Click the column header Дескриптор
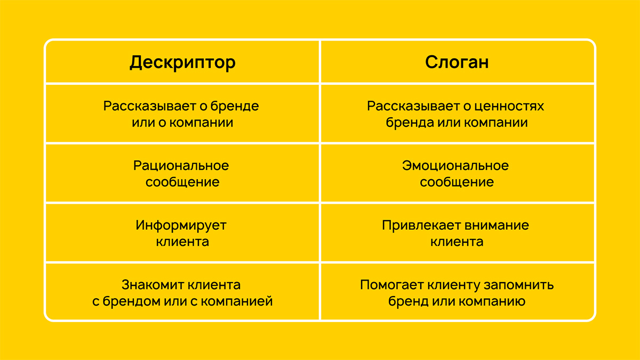182,62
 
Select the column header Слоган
457,62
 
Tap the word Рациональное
181,166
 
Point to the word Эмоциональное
455,166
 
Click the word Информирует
181,226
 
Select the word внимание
497,226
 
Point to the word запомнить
519,285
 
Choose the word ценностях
509,107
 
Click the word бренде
235,106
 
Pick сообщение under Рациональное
182,182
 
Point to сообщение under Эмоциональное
457,182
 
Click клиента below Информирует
182,242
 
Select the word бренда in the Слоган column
410,123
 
